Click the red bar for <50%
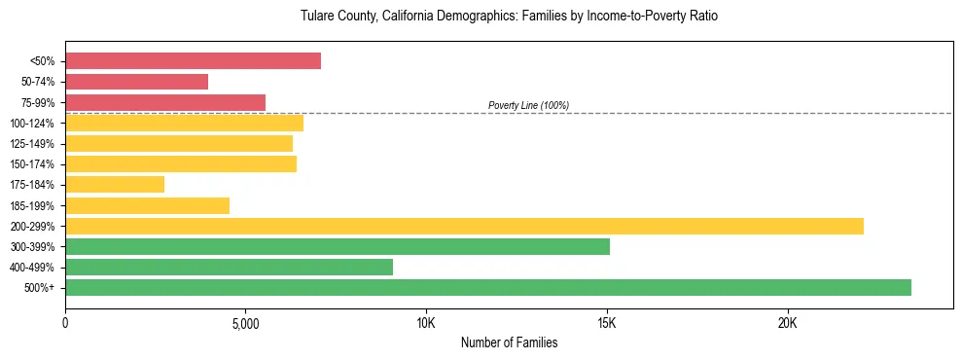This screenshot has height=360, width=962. tap(193, 61)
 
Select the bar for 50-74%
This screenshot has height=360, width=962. tap(136, 82)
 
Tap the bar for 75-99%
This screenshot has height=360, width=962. tap(165, 102)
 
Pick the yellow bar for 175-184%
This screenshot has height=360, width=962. tap(115, 184)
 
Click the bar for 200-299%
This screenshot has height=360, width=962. tap(464, 226)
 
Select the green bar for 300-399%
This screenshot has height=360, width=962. tap(338, 246)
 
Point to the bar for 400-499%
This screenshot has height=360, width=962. tap(229, 267)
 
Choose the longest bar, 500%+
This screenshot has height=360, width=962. tap(488, 287)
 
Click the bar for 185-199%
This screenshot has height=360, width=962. tap(147, 205)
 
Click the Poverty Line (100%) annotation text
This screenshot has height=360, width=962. tap(528, 105)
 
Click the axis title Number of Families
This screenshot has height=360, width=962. tap(509, 342)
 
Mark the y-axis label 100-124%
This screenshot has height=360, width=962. tap(33, 124)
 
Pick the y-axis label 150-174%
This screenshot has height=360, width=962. tap(33, 164)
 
